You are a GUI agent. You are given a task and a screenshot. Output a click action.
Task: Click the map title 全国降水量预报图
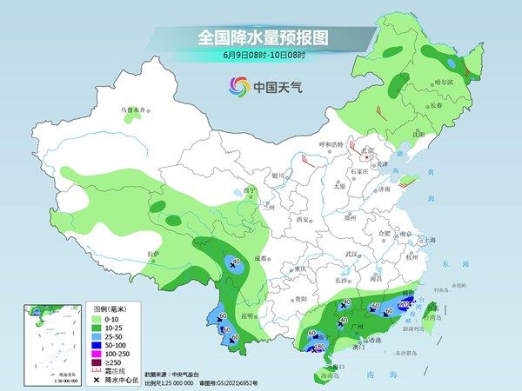coord(261,37)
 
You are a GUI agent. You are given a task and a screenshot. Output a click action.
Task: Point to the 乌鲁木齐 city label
coord(132,110)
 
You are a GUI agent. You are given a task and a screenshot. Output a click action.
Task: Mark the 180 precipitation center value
coord(320,347)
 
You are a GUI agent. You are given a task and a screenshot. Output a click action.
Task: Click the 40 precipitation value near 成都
coord(234,261)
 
